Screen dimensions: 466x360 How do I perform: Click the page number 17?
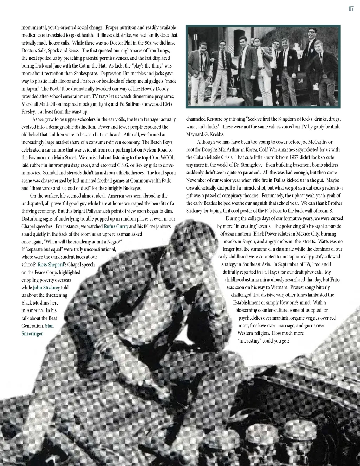click(351, 9)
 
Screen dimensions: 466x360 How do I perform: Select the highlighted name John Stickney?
click(46, 288)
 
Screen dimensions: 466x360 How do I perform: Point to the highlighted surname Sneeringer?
click(32, 333)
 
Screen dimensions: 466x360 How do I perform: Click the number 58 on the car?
click(301, 81)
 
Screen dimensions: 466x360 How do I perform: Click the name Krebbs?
click(216, 134)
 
